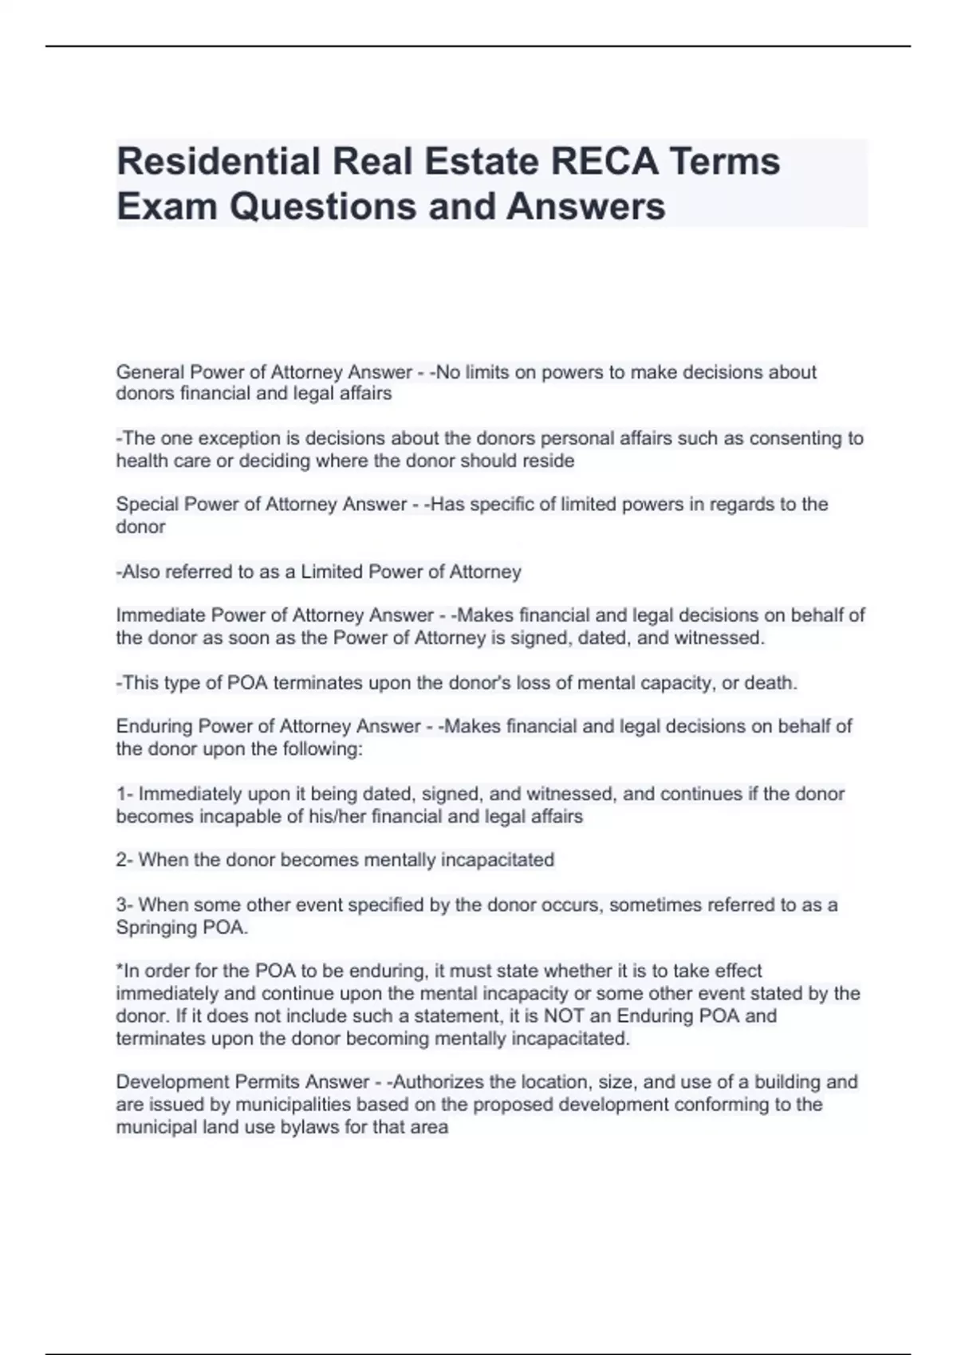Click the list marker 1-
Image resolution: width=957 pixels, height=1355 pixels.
coord(124,794)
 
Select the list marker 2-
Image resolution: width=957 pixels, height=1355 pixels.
coord(124,860)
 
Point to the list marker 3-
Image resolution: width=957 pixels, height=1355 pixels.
coord(124,905)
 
